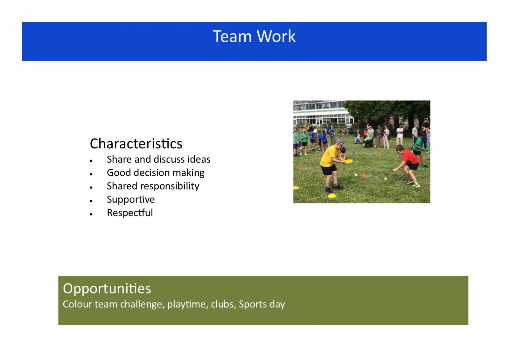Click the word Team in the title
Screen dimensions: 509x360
tap(232, 36)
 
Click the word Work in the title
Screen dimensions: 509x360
tap(276, 36)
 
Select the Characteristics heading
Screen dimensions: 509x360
tap(136, 144)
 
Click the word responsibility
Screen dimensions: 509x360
tap(170, 186)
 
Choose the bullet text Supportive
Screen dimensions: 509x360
tap(131, 200)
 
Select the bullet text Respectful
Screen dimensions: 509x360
tap(130, 213)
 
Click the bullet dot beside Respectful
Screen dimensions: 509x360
tap(91, 214)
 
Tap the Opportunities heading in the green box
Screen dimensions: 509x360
tap(107, 289)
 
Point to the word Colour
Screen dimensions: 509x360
tap(77, 304)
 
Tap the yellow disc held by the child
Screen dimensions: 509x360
tap(348, 161)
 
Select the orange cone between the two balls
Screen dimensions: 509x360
tap(364, 175)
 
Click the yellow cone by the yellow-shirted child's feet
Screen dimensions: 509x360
tap(332, 195)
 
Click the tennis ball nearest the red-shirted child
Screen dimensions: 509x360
tap(386, 179)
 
